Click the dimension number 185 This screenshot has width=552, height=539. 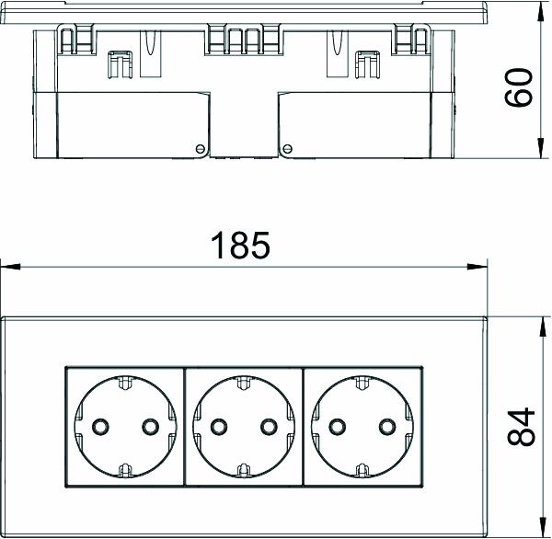click(x=240, y=246)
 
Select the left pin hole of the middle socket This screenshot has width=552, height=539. click(x=218, y=426)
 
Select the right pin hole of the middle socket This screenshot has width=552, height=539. click(x=269, y=426)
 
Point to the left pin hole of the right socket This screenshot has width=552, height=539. click(x=337, y=426)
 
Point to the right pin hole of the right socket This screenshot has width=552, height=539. click(x=387, y=426)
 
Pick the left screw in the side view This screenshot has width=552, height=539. click(x=199, y=148)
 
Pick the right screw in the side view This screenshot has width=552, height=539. click(x=287, y=148)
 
